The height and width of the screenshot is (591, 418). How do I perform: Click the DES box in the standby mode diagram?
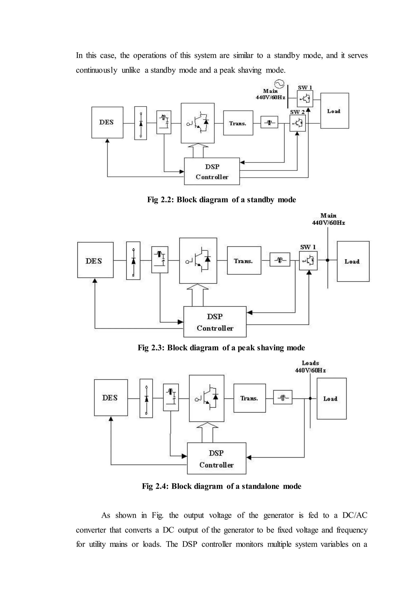[x=107, y=122]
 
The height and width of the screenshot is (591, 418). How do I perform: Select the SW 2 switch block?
[x=298, y=123]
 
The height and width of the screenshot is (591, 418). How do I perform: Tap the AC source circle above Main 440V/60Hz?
[x=279, y=84]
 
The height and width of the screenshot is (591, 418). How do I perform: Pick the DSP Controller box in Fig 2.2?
[x=212, y=171]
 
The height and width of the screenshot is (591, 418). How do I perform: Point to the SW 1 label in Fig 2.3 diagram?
[x=308, y=247]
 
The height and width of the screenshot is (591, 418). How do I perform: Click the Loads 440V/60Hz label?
[x=310, y=367]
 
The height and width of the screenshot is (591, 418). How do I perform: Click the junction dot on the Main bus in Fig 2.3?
[x=327, y=260]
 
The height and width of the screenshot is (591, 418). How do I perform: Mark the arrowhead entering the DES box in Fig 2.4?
[x=111, y=419]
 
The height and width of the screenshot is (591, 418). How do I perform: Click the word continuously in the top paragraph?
[x=97, y=70]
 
